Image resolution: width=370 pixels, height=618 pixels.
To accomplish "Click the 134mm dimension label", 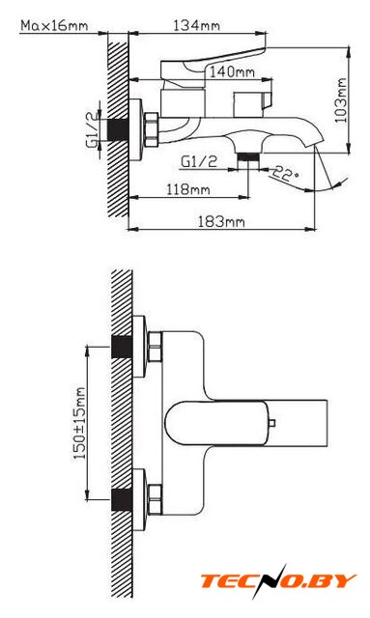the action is [196, 26].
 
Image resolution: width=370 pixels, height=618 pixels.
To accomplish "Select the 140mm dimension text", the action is [232, 72].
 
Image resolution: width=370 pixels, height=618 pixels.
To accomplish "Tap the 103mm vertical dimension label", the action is [341, 100].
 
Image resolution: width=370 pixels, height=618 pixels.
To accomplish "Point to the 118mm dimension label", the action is [187, 189].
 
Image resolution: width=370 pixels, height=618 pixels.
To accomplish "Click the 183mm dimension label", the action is [221, 221].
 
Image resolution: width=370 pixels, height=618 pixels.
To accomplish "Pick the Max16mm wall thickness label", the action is [54, 26].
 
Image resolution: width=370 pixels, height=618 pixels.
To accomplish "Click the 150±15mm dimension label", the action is [80, 423].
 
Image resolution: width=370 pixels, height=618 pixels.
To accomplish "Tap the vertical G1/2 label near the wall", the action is [92, 129].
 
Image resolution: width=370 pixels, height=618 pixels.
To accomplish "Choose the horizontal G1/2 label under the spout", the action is [199, 161].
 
